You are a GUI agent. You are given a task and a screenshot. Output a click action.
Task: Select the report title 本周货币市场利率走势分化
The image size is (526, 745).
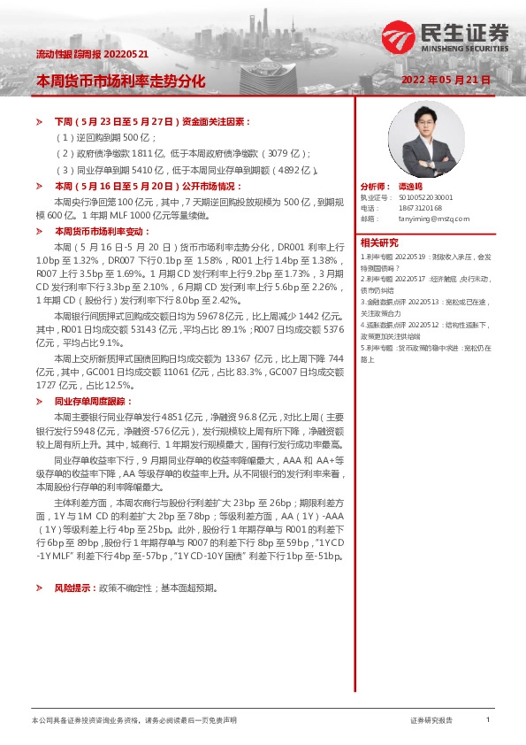click(x=120, y=81)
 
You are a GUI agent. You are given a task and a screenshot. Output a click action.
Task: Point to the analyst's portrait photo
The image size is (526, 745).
click(x=426, y=139)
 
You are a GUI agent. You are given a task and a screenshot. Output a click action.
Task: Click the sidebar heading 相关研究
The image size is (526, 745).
click(x=378, y=242)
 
